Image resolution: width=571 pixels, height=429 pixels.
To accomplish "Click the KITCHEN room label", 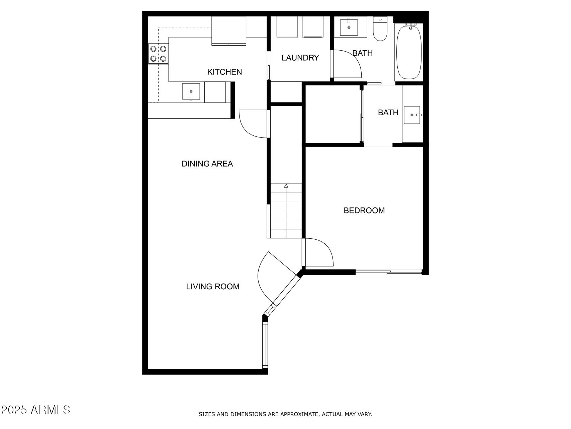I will click(x=224, y=72).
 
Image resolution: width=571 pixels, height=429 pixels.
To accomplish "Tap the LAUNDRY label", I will click(x=300, y=58).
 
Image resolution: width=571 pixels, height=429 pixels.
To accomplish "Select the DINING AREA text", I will click(x=207, y=164).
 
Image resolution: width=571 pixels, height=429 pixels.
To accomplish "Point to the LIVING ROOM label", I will click(x=213, y=287).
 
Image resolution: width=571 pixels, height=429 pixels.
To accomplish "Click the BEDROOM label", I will click(x=364, y=210).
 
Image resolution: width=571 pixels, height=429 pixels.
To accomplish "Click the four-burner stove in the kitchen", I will click(x=158, y=54).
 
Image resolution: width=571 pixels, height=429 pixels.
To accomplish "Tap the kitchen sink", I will click(x=191, y=92).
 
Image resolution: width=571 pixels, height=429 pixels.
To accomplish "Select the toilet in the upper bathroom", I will click(x=380, y=29).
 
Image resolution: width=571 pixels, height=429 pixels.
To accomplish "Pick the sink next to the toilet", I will click(x=349, y=27).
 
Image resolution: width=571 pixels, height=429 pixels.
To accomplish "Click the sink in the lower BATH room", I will click(x=412, y=115).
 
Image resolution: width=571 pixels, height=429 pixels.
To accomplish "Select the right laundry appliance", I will click(x=313, y=27).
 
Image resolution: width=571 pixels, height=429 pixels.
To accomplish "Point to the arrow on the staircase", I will click(x=286, y=186).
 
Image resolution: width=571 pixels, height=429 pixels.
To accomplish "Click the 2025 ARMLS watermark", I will click(x=36, y=410).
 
